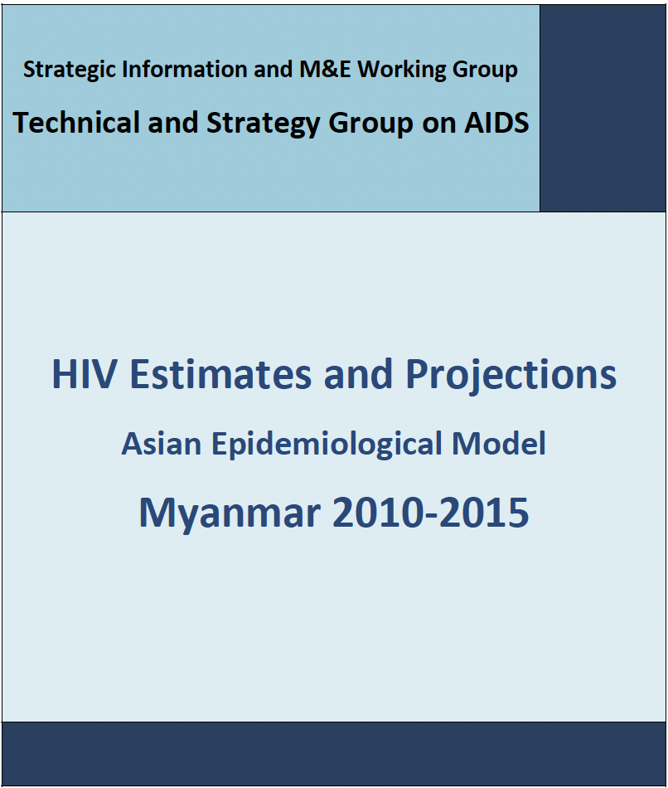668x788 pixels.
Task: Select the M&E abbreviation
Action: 325,69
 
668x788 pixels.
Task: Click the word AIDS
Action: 496,123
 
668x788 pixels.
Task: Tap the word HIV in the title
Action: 85,374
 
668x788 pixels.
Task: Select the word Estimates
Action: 220,374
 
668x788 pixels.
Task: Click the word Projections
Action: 511,375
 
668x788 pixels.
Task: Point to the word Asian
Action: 162,444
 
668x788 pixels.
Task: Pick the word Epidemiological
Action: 327,445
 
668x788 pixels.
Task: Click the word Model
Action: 499,444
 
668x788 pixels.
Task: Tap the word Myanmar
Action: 230,513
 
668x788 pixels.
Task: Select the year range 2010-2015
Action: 430,513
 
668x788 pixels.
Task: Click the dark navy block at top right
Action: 603,108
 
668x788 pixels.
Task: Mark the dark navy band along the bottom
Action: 334,754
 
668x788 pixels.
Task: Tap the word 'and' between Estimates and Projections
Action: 358,374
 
